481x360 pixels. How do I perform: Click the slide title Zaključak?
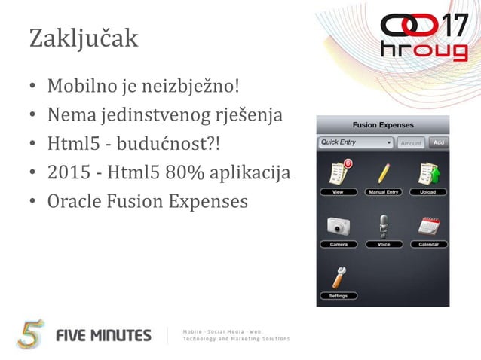84,38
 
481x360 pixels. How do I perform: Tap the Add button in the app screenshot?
438,142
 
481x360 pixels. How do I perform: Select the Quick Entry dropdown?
356,142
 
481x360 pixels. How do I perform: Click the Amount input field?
411,142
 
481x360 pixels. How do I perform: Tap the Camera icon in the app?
338,227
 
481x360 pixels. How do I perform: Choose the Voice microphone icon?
383,227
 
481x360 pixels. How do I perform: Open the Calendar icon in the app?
428,227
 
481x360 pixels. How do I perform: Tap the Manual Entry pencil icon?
383,175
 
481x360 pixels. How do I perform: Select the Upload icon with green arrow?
428,175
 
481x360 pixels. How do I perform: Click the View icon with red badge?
338,175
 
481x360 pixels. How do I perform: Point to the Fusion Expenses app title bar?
383,125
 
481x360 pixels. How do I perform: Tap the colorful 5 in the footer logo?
31,334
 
